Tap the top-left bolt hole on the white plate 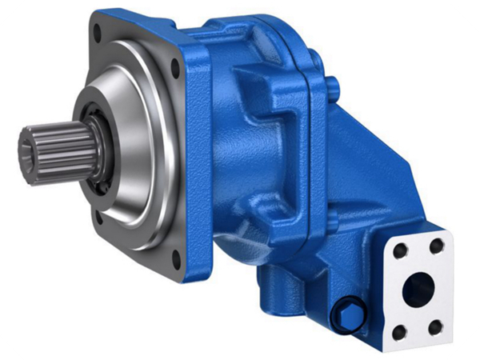401,250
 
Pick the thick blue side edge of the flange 200,160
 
